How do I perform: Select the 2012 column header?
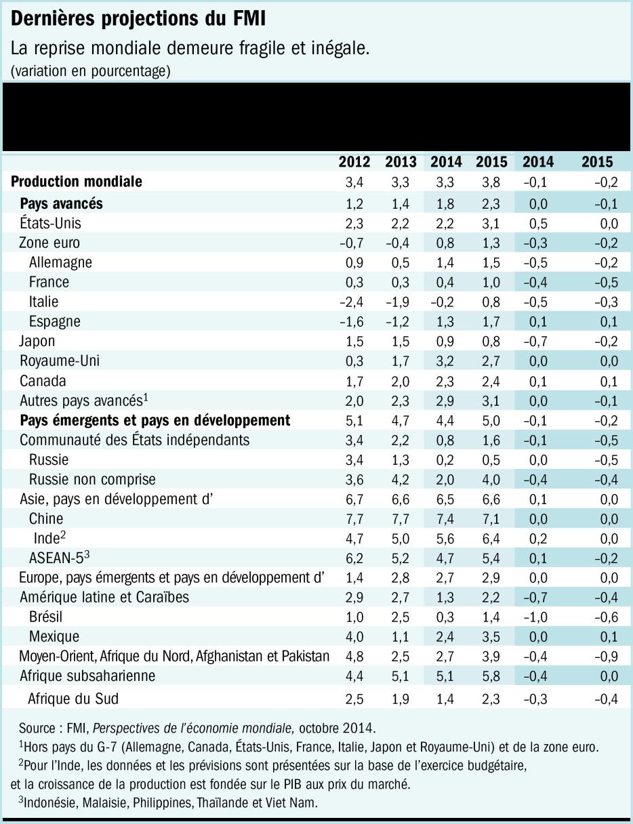[x=354, y=162]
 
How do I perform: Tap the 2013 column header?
[x=401, y=162]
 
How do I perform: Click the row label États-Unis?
[x=51, y=223]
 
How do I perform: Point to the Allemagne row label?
[x=60, y=262]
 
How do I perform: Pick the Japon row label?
[x=37, y=341]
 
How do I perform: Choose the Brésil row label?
[x=46, y=617]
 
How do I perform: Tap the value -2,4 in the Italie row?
[x=354, y=302]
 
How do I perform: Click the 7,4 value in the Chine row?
[x=448, y=518]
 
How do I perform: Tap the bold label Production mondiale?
[x=77, y=182]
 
